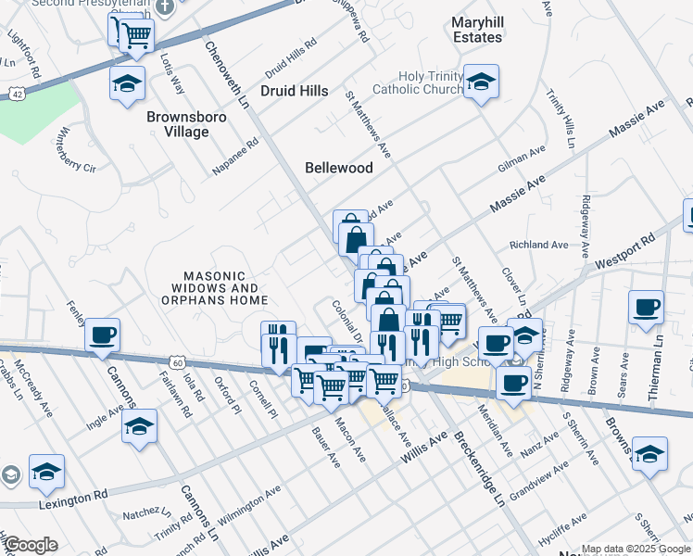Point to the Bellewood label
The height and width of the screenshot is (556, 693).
tap(339, 168)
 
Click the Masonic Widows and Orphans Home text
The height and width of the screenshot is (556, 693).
tap(214, 288)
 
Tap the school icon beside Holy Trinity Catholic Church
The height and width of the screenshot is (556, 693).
tap(481, 82)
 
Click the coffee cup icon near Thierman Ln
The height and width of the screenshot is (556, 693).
tap(647, 308)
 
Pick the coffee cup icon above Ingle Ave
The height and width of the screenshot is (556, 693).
tap(103, 335)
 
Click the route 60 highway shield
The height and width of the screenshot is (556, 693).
tap(177, 361)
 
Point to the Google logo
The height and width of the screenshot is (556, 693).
tap(31, 545)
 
